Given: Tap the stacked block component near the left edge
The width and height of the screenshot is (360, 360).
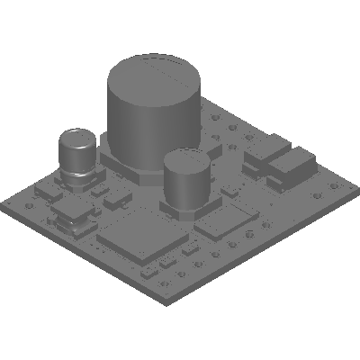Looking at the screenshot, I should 72,215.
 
